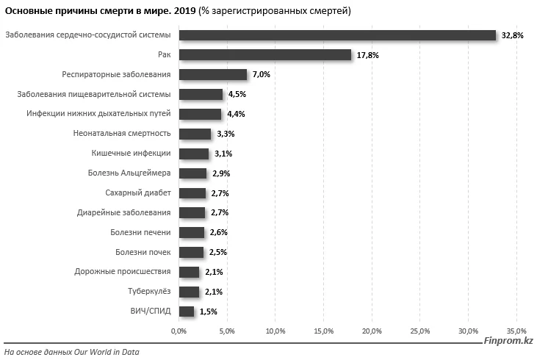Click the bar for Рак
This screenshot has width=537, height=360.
click(x=264, y=55)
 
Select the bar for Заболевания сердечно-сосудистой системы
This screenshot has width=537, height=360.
click(x=337, y=35)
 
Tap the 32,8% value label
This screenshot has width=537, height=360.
click(x=512, y=35)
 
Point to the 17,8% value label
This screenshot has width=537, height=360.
click(x=367, y=55)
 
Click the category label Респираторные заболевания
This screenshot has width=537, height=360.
click(x=116, y=75)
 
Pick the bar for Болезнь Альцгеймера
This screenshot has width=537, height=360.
click(x=192, y=173)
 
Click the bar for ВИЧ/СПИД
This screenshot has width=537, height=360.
click(x=187, y=312)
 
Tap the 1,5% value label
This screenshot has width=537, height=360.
click(x=209, y=312)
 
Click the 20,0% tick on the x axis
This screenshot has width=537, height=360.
click(x=372, y=331)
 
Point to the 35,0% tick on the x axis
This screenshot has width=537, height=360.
click(x=516, y=331)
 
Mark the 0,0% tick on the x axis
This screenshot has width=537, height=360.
click(x=179, y=331)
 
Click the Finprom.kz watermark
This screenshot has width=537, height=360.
click(x=508, y=341)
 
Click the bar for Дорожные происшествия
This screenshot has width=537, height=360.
click(x=189, y=272)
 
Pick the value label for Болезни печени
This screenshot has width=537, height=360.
click(x=218, y=232)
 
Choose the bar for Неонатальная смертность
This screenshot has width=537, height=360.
click(x=195, y=134)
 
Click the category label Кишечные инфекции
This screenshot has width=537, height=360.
click(x=131, y=154)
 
